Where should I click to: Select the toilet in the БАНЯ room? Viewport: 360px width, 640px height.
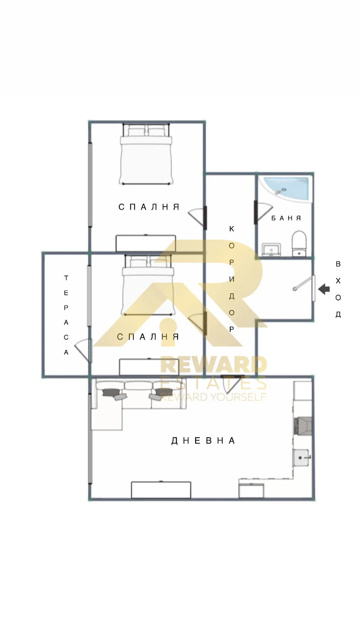[x=299, y=243]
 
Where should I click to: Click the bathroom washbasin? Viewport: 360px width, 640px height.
[x=272, y=249]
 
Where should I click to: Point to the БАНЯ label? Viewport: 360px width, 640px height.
[x=286, y=218]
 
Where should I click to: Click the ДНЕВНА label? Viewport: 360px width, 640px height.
[x=203, y=441]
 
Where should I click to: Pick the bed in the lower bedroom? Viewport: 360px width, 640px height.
[x=148, y=285]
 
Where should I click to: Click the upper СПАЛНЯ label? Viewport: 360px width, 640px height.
[x=149, y=207]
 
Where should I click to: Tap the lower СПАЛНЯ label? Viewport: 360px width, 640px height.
[x=148, y=337]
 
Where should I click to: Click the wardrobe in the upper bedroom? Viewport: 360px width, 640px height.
[x=146, y=243]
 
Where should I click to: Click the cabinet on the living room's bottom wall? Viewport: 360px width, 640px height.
[x=161, y=490]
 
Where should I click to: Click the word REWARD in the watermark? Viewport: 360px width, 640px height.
[x=213, y=365]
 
